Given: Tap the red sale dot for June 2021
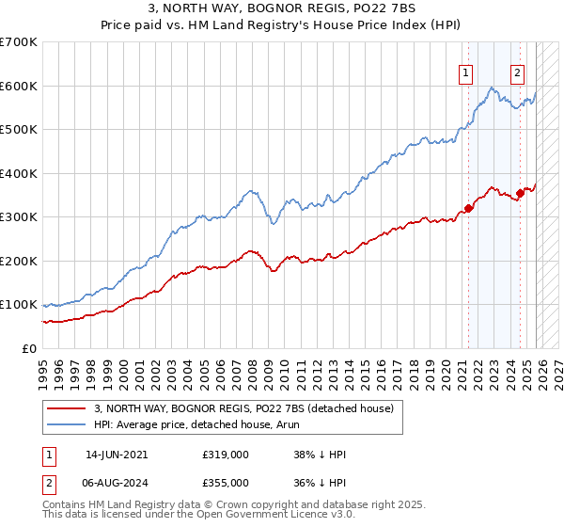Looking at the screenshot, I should (x=468, y=209).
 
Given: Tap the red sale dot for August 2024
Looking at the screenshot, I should (x=520, y=193).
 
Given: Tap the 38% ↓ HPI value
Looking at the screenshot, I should (x=320, y=455).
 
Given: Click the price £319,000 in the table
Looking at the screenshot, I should (x=226, y=455).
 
